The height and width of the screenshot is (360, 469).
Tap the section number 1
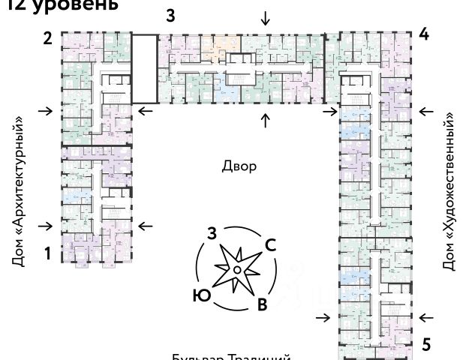pyautogui.click(x=47, y=253)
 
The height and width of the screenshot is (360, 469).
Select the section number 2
pyautogui.click(x=47, y=38)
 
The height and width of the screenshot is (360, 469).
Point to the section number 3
pyautogui.click(x=171, y=16)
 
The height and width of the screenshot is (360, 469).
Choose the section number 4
pyautogui.click(x=424, y=34)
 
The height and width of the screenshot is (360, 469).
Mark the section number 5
pyautogui.click(x=426, y=345)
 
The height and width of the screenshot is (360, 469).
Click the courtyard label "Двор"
pyautogui.click(x=239, y=166)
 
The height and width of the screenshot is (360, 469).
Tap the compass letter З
pyautogui.click(x=212, y=232)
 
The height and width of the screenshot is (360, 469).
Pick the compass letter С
pyautogui.click(x=272, y=244)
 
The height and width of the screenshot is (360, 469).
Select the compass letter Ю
pyautogui.click(x=200, y=295)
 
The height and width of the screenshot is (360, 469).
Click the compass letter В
pyautogui.click(x=262, y=304)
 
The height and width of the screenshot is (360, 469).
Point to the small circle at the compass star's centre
pyautogui.click(x=236, y=268)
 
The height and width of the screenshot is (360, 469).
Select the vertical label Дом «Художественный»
pyautogui.click(x=449, y=191)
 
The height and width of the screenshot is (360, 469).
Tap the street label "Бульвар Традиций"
pyautogui.click(x=231, y=357)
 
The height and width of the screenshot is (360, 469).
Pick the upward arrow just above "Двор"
pyautogui.click(x=265, y=121)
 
